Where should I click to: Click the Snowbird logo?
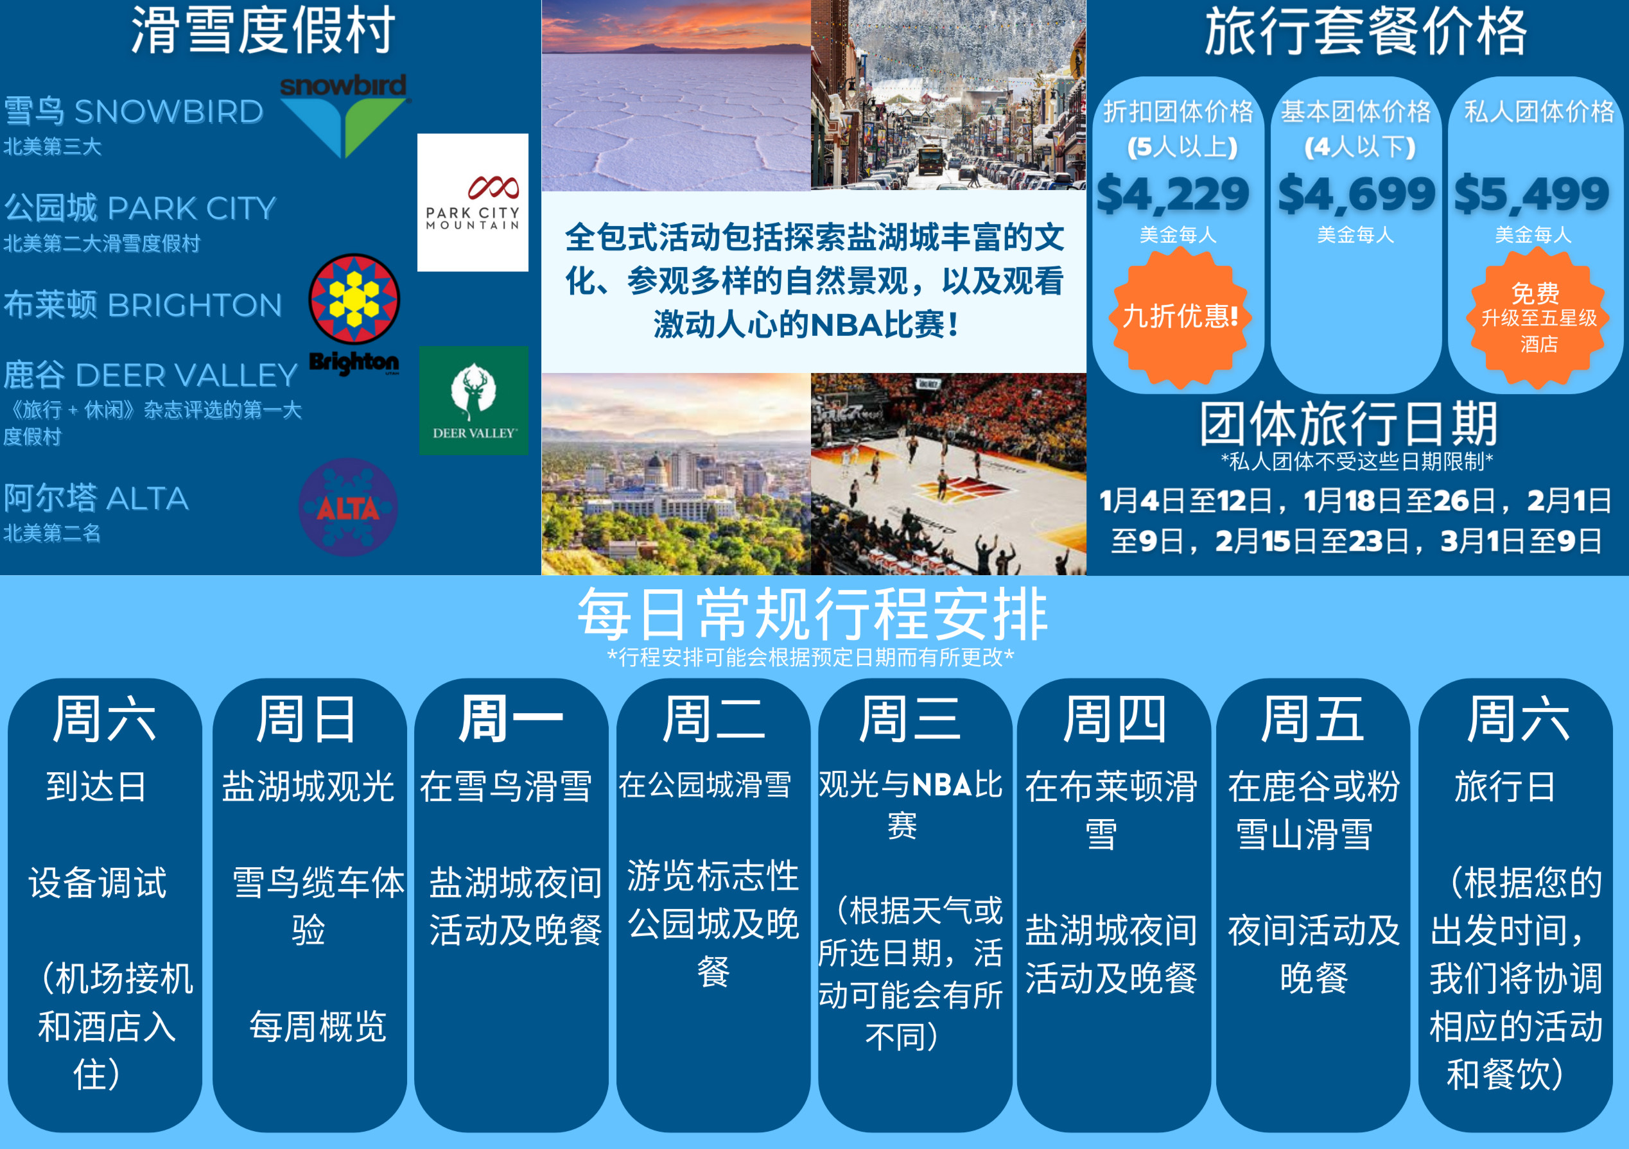pos(344,116)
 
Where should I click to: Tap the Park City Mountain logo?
pos(473,203)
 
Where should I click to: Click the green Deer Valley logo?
pos(474,401)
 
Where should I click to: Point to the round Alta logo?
pos(347,507)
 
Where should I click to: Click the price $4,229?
pos(1174,194)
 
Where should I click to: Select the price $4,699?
pos(1357,194)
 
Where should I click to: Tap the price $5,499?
pos(1532,194)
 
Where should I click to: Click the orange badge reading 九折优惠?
pos(1181,317)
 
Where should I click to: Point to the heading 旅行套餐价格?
pos(1366,31)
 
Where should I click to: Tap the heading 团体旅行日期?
pos(1349,424)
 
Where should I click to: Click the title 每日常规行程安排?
pos(813,614)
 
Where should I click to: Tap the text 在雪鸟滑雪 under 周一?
pos(506,786)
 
